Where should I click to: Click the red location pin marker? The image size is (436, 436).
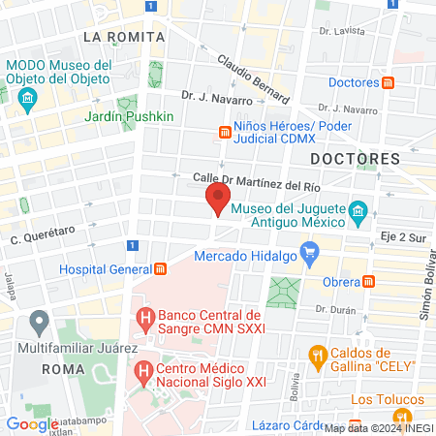point(218,201)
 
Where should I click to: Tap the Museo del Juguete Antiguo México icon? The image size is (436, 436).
point(358,211)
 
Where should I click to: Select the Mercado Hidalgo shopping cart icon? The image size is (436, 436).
point(310,256)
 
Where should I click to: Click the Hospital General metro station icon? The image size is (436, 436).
point(161,268)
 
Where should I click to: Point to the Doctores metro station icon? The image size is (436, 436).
point(388,82)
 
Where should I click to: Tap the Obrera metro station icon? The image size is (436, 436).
point(368,281)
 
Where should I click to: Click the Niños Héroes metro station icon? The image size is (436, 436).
point(224,132)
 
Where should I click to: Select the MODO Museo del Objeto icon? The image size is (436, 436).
point(27,98)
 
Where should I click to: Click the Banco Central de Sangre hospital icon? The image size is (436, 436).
point(144,317)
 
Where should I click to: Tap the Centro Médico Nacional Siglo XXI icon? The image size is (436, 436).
point(143,370)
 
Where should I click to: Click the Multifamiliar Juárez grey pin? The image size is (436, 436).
point(39,320)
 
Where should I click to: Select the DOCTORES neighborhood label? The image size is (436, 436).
point(355,158)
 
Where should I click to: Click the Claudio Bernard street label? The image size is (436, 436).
point(253,79)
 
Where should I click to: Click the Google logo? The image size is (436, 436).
point(32,423)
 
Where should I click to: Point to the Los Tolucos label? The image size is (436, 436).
point(388,399)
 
